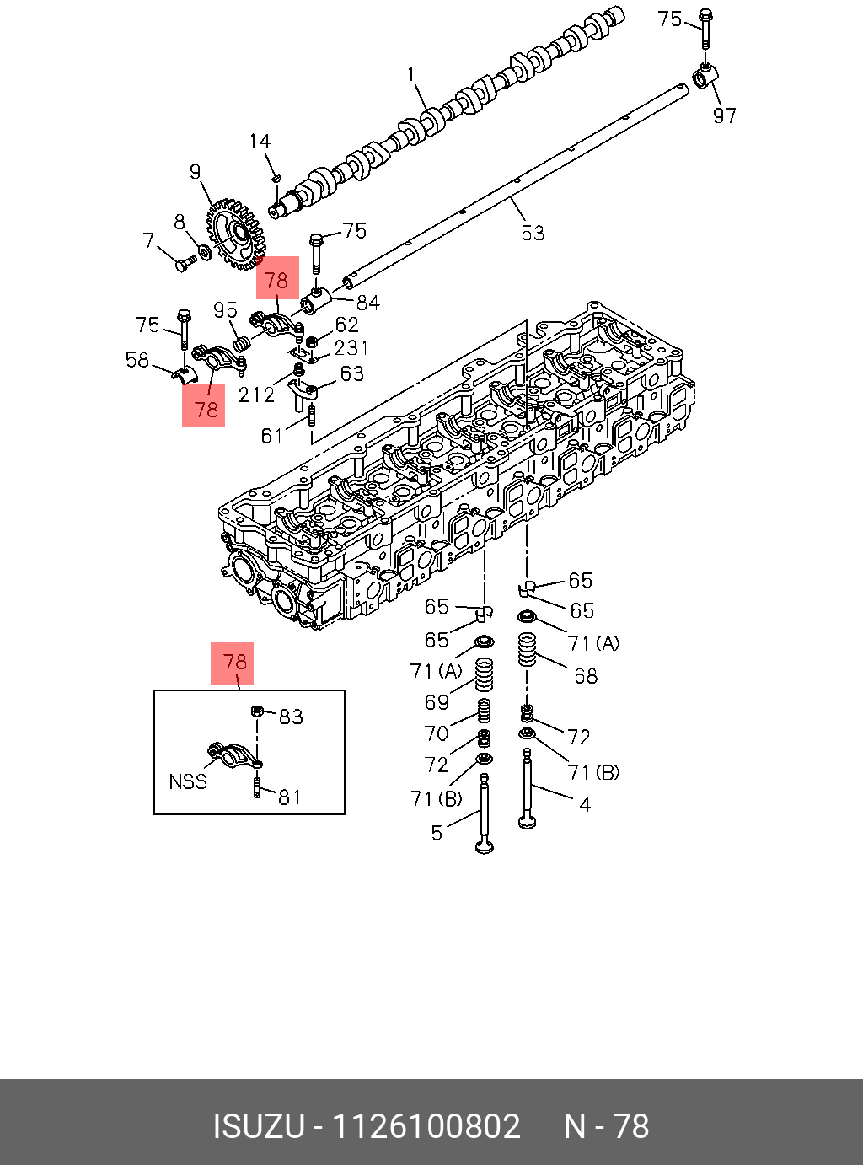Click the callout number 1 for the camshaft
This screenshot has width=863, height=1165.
pyautogui.click(x=411, y=74)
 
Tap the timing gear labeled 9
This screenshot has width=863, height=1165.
pyautogui.click(x=233, y=232)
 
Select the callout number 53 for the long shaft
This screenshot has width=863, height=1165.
pyautogui.click(x=533, y=233)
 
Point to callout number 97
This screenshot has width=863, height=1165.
pyautogui.click(x=725, y=115)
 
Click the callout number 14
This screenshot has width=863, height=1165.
pyautogui.click(x=260, y=142)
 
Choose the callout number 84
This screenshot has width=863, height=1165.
pyautogui.click(x=368, y=302)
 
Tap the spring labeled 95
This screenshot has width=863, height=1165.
pyautogui.click(x=240, y=343)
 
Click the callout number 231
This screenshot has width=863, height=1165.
pyautogui.click(x=351, y=347)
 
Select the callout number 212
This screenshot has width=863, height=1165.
pyautogui.click(x=256, y=395)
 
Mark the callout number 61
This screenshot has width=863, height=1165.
pyautogui.click(x=271, y=436)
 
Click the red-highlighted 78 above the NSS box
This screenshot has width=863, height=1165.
pyautogui.click(x=235, y=662)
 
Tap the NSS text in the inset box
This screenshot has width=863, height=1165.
pyautogui.click(x=188, y=781)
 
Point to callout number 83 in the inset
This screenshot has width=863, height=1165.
pyautogui.click(x=291, y=717)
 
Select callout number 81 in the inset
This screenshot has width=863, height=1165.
pyautogui.click(x=290, y=797)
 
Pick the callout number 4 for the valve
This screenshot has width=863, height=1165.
pyautogui.click(x=585, y=804)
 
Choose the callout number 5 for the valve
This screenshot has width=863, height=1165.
pyautogui.click(x=437, y=833)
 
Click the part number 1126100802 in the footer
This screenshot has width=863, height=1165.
pyautogui.click(x=426, y=1126)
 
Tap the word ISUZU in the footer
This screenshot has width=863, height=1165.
pyautogui.click(x=258, y=1126)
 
